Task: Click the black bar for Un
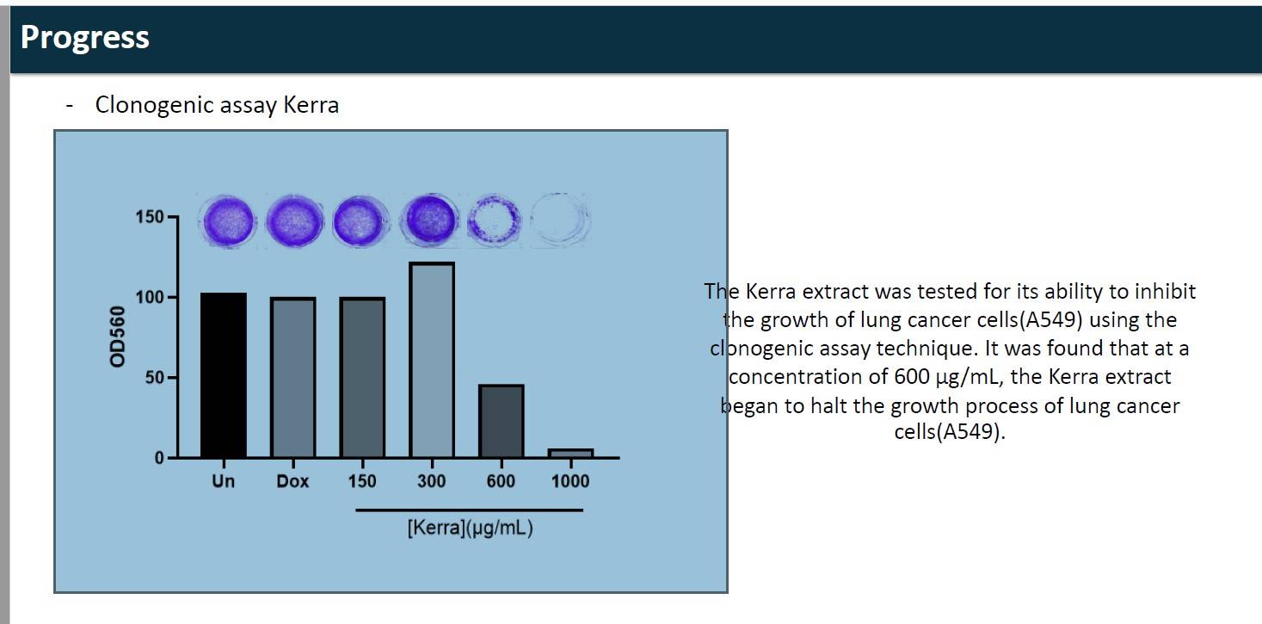point(224,375)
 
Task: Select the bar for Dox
point(293,377)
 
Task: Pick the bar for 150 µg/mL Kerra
point(362,377)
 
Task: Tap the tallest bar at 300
point(432,360)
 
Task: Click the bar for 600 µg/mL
point(502,421)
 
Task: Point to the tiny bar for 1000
point(570,454)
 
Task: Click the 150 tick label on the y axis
point(150,217)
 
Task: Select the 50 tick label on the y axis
point(154,377)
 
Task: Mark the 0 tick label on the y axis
point(159,458)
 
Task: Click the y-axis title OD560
point(117,337)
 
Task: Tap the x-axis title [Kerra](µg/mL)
point(470,528)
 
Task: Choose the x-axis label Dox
point(293,481)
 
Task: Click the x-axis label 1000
point(570,481)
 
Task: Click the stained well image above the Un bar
point(228,221)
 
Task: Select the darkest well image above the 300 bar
point(430,220)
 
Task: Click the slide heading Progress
point(85,38)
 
